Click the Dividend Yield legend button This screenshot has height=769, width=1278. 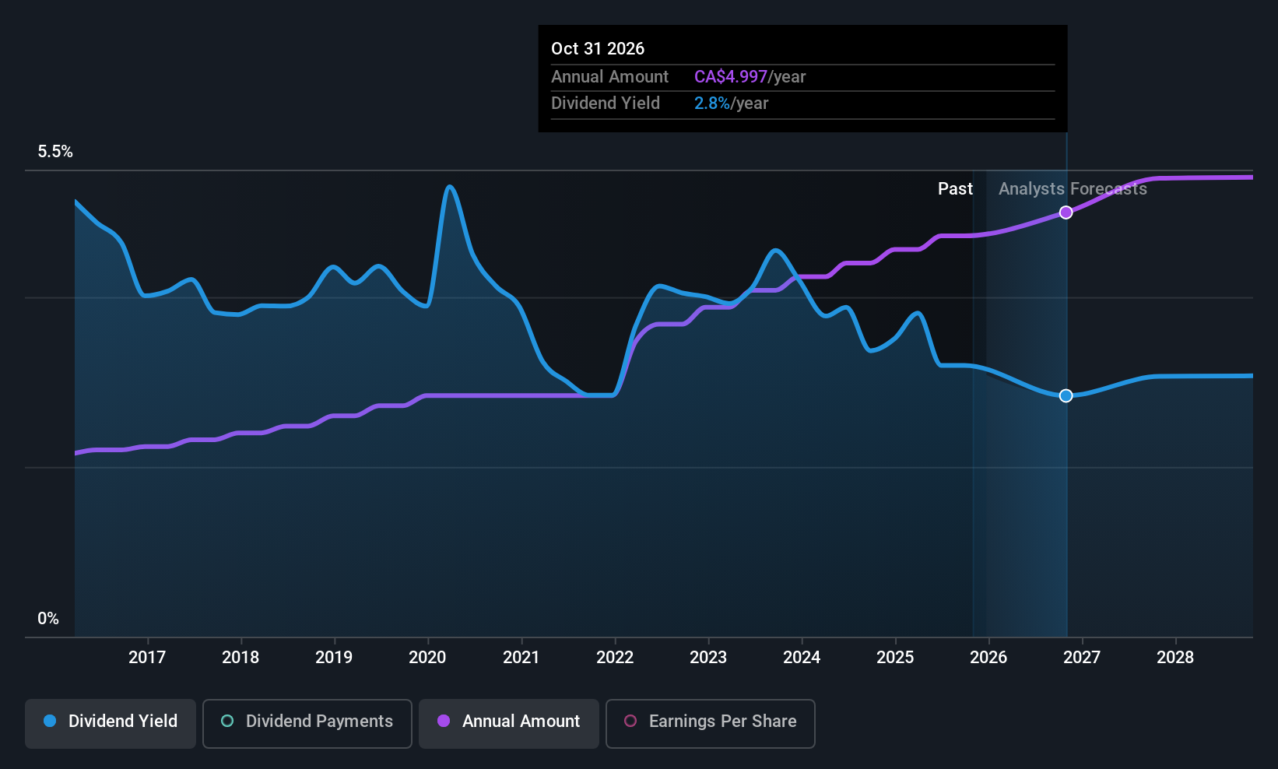pos(110,723)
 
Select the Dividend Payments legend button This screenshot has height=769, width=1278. pos(307,723)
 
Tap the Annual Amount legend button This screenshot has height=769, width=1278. pos(509,723)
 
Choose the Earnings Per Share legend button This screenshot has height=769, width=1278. pos(711,723)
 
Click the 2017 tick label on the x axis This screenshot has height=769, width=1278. pos(147,657)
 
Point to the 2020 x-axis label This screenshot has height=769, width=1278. pos(427,657)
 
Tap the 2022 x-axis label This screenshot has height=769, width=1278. pos(614,657)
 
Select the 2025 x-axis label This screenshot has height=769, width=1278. pos(895,657)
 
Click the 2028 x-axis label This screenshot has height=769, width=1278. pos(1175,657)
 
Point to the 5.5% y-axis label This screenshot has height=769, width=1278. pos(55,152)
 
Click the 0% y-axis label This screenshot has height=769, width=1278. pos(48,619)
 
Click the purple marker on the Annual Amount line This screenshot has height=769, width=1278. pos(1066,212)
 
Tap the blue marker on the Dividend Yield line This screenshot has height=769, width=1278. pos(1066,395)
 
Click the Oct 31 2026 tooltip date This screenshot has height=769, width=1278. pos(597,48)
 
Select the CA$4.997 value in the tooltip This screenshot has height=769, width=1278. pos(730,76)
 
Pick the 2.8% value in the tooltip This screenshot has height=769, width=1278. pos(711,104)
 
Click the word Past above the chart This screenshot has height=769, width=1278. pos(955,189)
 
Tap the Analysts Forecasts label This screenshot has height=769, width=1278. pos(1073,189)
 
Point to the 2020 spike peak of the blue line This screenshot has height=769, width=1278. pos(450,187)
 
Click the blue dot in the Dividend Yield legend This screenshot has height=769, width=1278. pos(51,721)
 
